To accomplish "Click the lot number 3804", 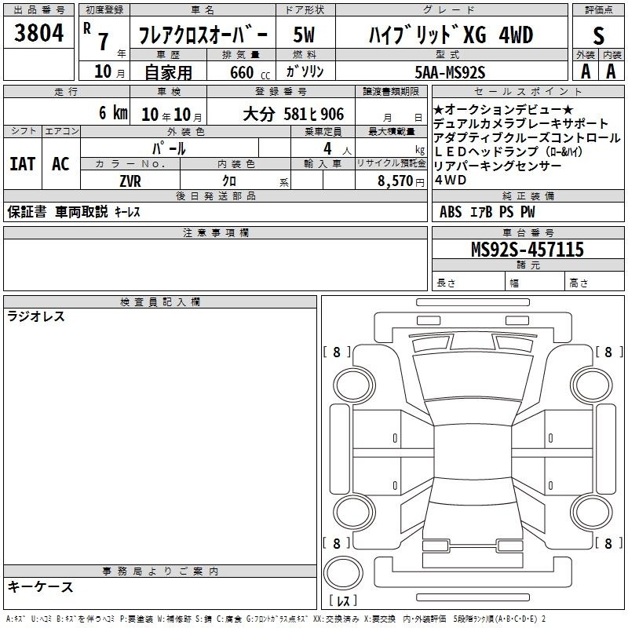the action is click(x=38, y=33).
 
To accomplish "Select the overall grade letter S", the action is click(x=598, y=35).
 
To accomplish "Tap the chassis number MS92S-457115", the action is click(x=528, y=249).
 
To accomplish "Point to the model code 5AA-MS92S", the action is click(x=450, y=72).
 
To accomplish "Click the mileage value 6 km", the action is click(x=113, y=112).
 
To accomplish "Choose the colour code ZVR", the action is click(x=130, y=181).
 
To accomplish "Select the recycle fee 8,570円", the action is click(x=401, y=181).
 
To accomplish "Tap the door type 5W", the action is click(x=304, y=35).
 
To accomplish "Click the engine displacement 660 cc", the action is click(x=250, y=72).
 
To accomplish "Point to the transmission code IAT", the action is click(x=23, y=164).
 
